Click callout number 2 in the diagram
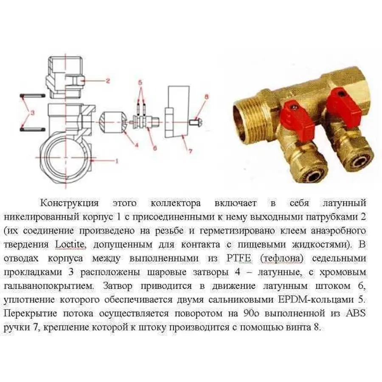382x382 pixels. click(x=108, y=80)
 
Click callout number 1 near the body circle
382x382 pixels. click(x=116, y=160)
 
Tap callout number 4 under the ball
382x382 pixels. click(x=137, y=145)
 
